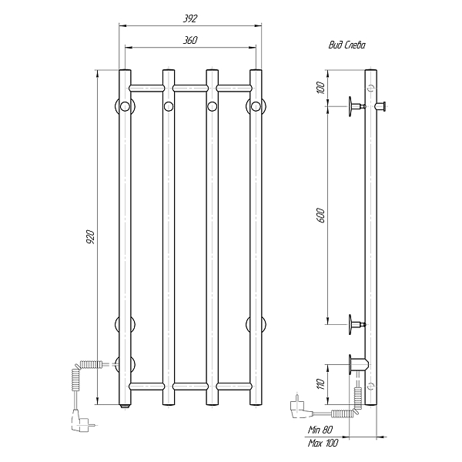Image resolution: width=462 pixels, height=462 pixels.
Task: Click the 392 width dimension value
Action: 190,18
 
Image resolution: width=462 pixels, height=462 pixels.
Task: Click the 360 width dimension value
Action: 190,40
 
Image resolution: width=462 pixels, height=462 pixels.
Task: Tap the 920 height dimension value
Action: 91,237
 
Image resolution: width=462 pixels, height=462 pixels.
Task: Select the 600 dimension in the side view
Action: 321,216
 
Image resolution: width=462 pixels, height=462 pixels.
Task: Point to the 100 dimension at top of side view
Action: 321,88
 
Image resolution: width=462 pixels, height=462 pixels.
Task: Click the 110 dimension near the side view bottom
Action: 321,384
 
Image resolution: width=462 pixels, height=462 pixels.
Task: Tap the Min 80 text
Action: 320,430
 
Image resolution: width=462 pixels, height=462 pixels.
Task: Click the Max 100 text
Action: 323,443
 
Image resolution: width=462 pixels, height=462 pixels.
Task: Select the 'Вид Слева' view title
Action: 346,45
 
